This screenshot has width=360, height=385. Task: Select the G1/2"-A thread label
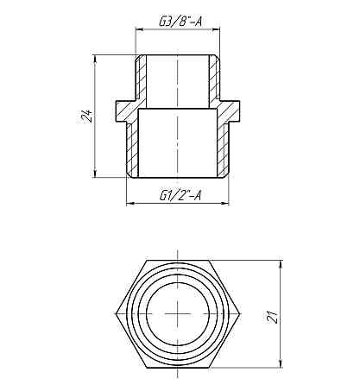[180, 195]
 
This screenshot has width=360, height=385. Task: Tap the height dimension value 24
[85, 117]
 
